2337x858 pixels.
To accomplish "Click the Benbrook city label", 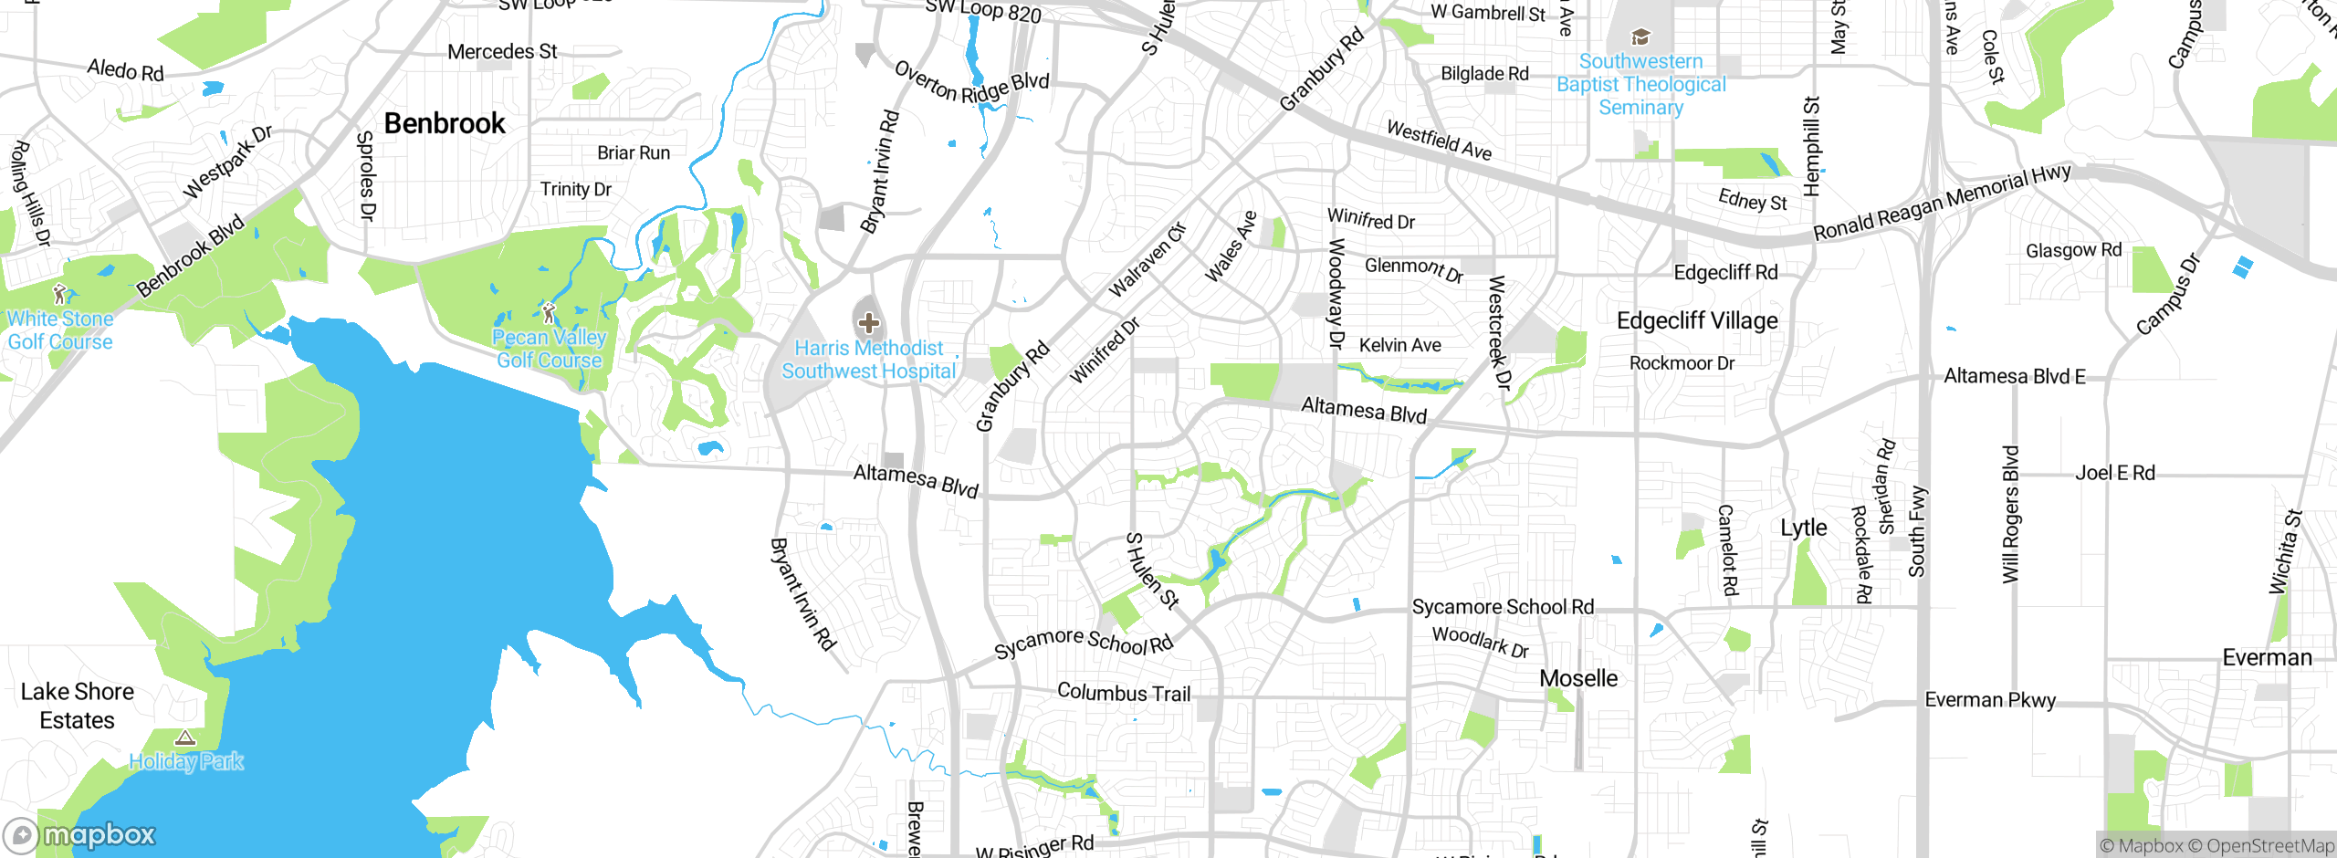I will click(x=444, y=123).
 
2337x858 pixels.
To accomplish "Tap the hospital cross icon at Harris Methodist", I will click(x=868, y=322).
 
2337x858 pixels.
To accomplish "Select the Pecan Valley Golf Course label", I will click(x=549, y=349).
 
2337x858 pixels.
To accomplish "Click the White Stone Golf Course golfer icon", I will click(x=60, y=294).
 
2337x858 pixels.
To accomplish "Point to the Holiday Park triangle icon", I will click(x=185, y=738).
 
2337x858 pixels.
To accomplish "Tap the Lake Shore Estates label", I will click(x=78, y=706).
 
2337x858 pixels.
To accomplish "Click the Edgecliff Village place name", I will click(x=1697, y=320).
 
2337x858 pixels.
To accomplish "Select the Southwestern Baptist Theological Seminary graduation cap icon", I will click(x=1640, y=37).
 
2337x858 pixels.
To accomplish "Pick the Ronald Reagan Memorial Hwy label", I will click(x=1942, y=203).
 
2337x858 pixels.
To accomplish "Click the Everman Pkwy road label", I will click(x=1990, y=700).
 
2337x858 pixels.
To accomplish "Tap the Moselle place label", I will click(x=1578, y=678).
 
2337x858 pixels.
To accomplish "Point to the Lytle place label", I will click(x=1804, y=528).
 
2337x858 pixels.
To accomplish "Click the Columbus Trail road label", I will click(x=1124, y=693).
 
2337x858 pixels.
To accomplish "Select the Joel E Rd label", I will click(x=2114, y=473).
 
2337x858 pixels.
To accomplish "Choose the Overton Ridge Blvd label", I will click(x=971, y=83).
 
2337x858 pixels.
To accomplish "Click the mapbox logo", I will click(x=80, y=834).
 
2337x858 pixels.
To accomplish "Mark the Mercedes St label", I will click(x=502, y=52).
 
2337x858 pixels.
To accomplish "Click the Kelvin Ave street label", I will click(x=1399, y=345).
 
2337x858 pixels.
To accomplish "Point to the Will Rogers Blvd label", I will click(x=2010, y=514).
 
